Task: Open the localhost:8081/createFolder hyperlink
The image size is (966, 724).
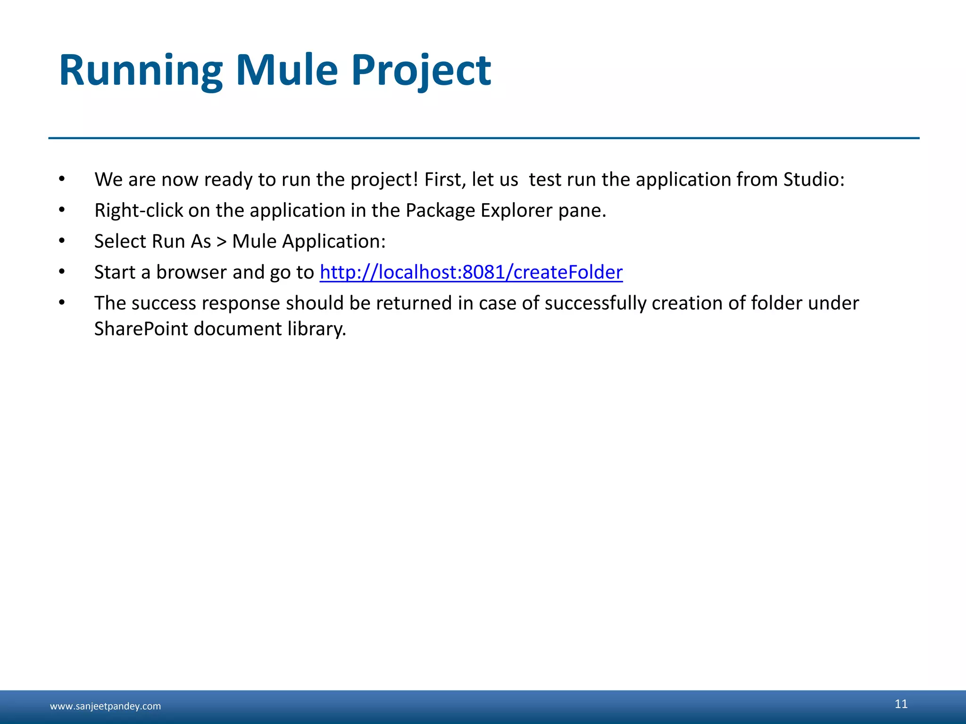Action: point(471,272)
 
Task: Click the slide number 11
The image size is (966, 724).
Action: point(901,704)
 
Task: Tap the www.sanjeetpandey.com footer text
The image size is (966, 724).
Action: point(105,706)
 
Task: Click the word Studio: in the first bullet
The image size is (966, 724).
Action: point(814,180)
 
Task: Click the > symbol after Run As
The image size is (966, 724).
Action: point(221,242)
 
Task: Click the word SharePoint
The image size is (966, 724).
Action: point(141,329)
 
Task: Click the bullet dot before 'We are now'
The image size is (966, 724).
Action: point(62,179)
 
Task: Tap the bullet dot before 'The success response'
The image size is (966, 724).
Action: point(62,303)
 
